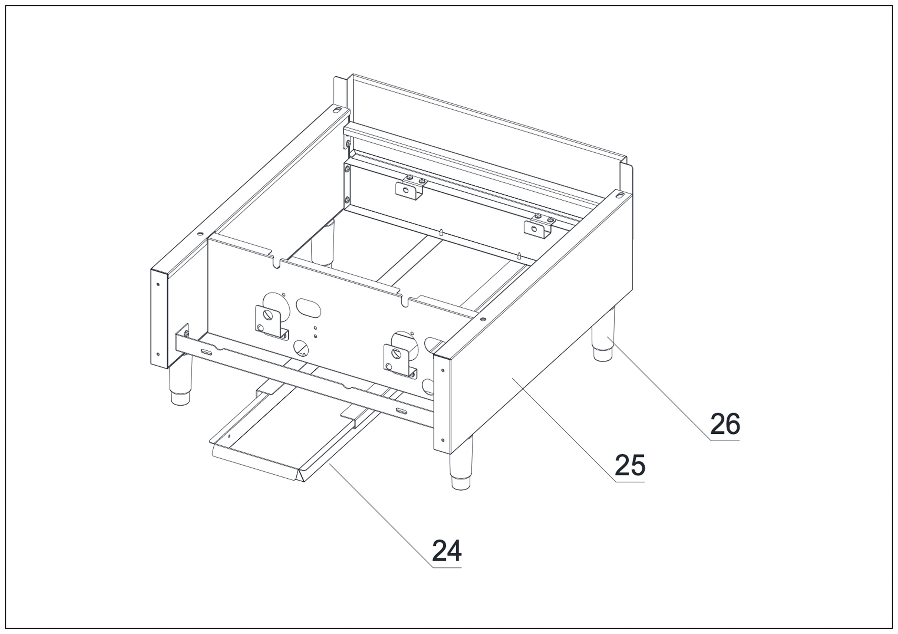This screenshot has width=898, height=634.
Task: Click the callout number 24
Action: (x=446, y=551)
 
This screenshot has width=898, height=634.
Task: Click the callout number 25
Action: (x=629, y=465)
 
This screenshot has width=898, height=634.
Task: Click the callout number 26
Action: (x=725, y=424)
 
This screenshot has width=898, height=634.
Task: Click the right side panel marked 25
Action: (x=540, y=352)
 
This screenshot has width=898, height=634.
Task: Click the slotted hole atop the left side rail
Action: (x=336, y=110)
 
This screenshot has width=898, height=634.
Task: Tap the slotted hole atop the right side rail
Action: (x=620, y=194)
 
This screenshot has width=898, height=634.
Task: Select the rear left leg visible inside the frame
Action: (x=323, y=244)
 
